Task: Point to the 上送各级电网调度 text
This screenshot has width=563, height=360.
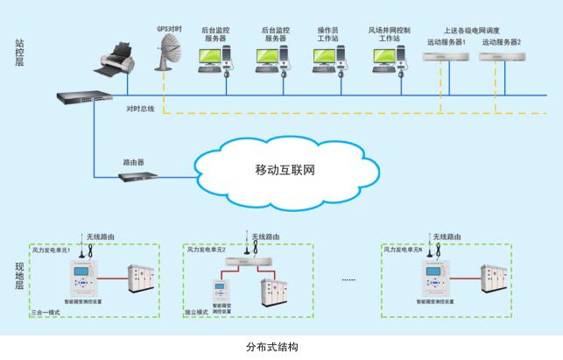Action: [473, 30]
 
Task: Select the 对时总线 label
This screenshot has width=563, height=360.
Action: [140, 109]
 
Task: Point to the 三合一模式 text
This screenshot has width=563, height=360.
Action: [47, 311]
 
